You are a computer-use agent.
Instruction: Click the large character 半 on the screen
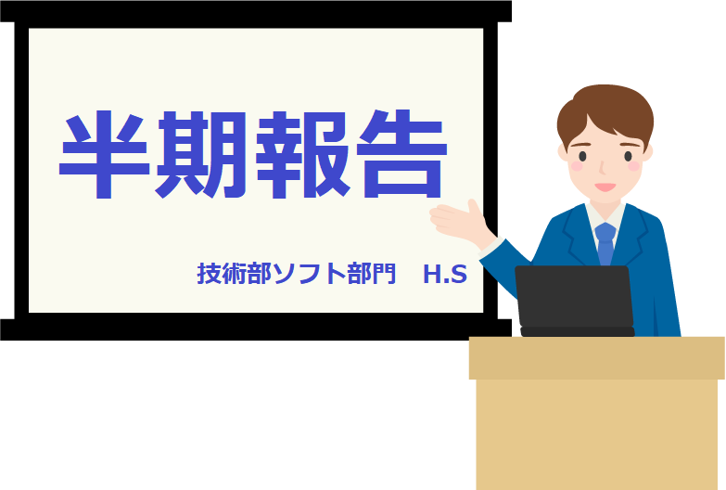(105, 154)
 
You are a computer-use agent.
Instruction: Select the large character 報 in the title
(302, 154)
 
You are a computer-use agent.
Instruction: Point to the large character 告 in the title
(401, 153)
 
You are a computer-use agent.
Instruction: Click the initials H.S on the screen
(444, 275)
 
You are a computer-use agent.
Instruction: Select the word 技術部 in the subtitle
(235, 274)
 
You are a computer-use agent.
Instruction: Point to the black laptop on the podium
(575, 301)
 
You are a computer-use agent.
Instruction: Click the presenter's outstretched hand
(458, 223)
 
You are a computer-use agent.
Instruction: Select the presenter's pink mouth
(605, 187)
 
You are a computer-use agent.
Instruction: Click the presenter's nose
(602, 168)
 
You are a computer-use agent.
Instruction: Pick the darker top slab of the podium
(597, 358)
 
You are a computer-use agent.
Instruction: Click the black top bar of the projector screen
(256, 11)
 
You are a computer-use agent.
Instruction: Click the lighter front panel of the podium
(597, 434)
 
